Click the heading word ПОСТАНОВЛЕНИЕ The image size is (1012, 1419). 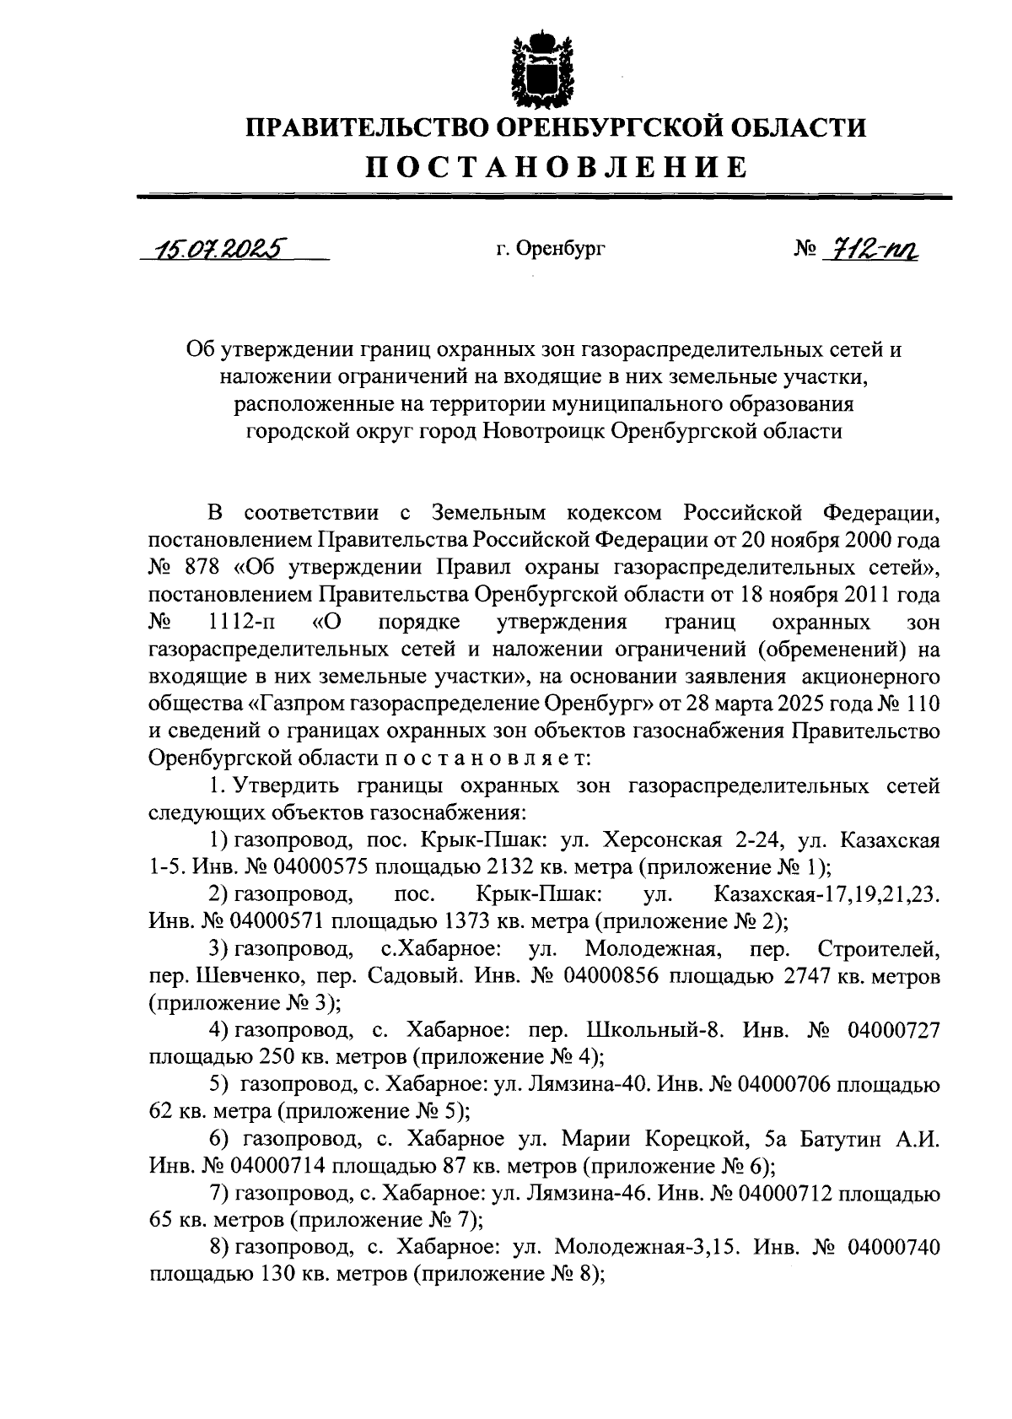(x=556, y=166)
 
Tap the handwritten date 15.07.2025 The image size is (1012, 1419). (x=216, y=249)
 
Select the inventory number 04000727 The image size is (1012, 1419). (x=893, y=1032)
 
